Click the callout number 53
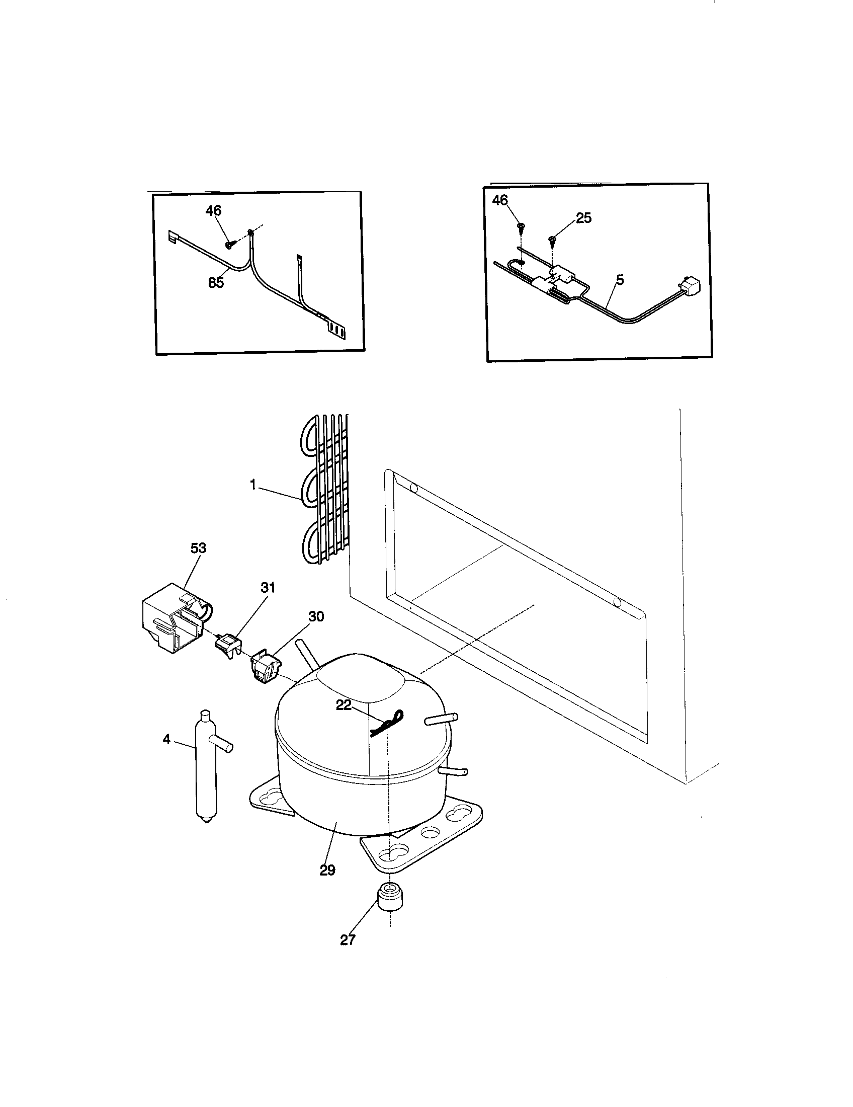click(198, 548)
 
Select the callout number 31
click(268, 587)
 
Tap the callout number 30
click(315, 616)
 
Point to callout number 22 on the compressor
click(344, 705)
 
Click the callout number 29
click(327, 871)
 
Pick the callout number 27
click(348, 939)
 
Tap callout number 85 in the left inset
click(216, 282)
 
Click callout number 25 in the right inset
click(583, 218)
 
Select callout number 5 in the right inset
click(620, 279)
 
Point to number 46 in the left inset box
click(213, 210)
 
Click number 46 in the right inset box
click(500, 200)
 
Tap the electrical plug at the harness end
click(690, 286)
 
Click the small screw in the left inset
click(231, 245)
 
